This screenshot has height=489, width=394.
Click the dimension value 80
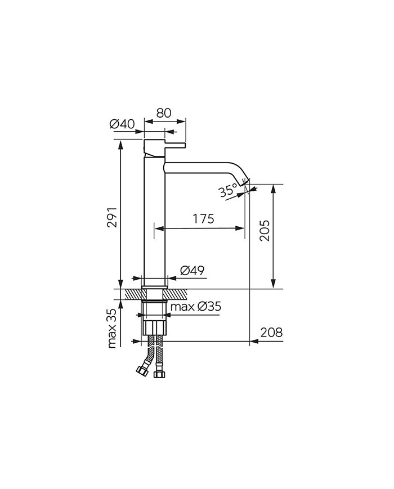pyautogui.click(x=164, y=112)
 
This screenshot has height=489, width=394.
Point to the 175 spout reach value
pyautogui.click(x=202, y=219)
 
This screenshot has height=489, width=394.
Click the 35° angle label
pyautogui.click(x=228, y=190)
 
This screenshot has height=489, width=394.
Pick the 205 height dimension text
pyautogui.click(x=265, y=231)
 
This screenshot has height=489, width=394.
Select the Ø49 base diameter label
pyautogui.click(x=192, y=271)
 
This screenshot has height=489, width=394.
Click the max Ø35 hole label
pyautogui.click(x=196, y=307)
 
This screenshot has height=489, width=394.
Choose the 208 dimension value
pyautogui.click(x=271, y=332)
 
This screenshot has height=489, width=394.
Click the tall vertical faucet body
pyautogui.click(x=154, y=225)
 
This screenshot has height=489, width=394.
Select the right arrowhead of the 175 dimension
pyautogui.click(x=241, y=228)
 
